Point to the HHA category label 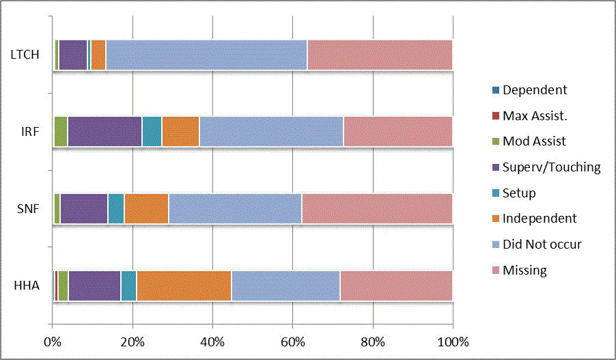(x=27, y=286)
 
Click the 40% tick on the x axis (x=212, y=341)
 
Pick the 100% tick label (x=453, y=341)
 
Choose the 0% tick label (x=53, y=341)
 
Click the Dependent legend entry (x=534, y=89)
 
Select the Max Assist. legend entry (x=535, y=115)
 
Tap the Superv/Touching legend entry (x=551, y=167)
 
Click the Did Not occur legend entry (x=542, y=244)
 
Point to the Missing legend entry (x=524, y=270)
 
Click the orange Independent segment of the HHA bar (x=184, y=286)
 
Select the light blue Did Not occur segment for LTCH (x=206, y=55)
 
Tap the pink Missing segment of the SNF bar (x=377, y=208)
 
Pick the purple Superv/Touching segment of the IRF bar (x=104, y=131)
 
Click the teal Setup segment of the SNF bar (x=116, y=208)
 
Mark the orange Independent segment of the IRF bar (x=180, y=131)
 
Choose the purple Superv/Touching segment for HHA (x=94, y=286)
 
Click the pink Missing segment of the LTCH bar (x=380, y=55)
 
